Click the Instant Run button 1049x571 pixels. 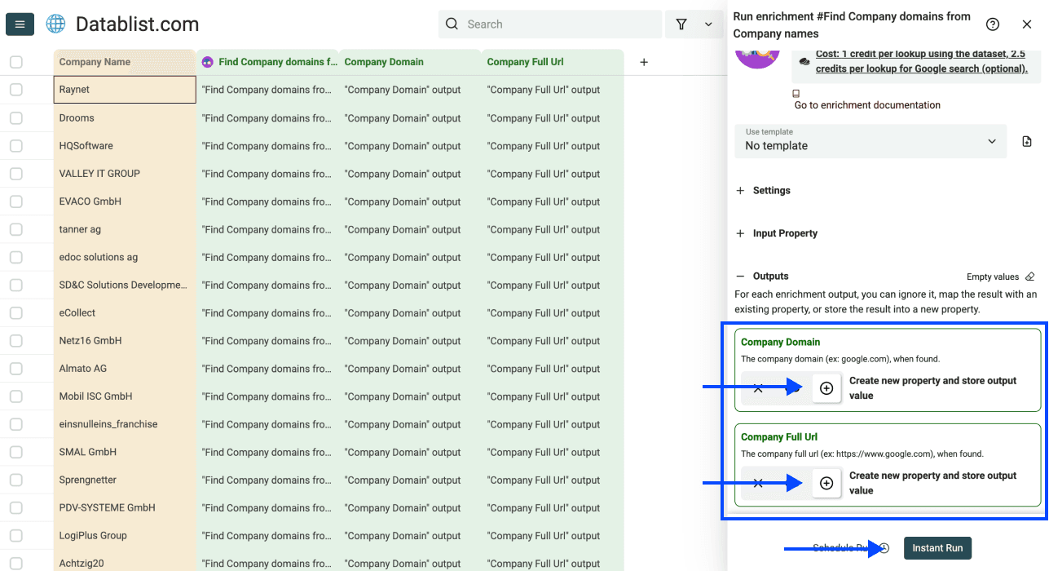coord(937,548)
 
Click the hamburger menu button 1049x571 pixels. coord(20,24)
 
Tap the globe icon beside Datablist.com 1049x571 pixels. coord(55,24)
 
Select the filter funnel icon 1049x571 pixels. coord(681,24)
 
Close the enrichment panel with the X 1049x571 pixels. coord(1027,24)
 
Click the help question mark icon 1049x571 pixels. coord(993,24)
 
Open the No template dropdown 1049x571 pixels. coord(870,141)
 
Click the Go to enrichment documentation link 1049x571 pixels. coord(867,105)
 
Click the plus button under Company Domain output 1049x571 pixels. coord(826,388)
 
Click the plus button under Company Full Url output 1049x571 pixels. coord(826,484)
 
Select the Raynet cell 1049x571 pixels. coord(125,90)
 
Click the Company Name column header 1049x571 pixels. coord(125,62)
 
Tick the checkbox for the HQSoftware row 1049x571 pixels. coord(16,146)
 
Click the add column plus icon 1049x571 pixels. coord(644,62)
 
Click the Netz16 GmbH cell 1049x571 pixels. coord(125,341)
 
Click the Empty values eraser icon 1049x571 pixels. coord(1030,277)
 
